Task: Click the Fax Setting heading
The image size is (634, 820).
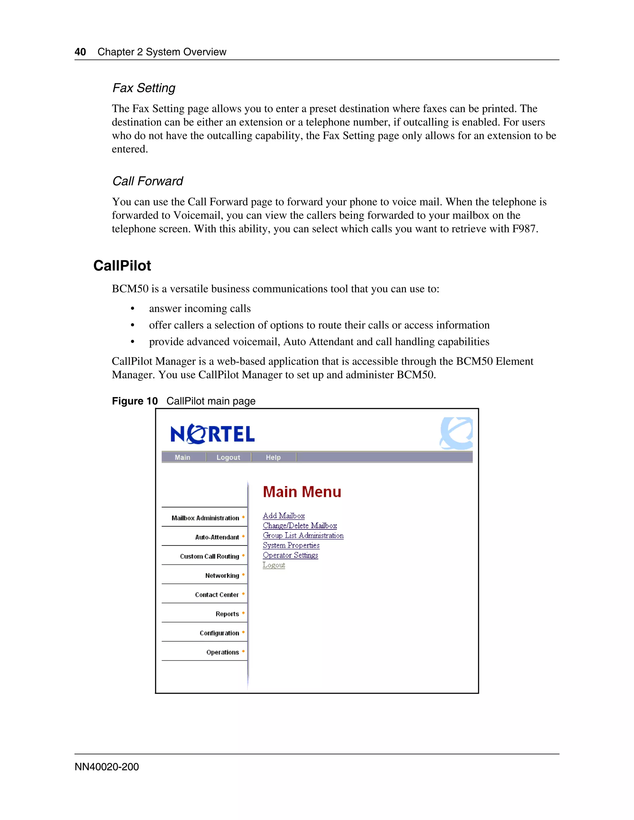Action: pyautogui.click(x=144, y=88)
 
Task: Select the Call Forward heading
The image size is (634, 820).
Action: pyautogui.click(x=148, y=181)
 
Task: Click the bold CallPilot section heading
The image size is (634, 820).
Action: pyautogui.click(x=122, y=265)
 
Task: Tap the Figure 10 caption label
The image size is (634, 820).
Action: pyautogui.click(x=134, y=401)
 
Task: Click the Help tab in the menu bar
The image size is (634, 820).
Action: pyautogui.click(x=273, y=457)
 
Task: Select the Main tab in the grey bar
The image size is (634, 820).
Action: pyautogui.click(x=183, y=457)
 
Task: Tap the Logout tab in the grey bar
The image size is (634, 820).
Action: pyautogui.click(x=228, y=457)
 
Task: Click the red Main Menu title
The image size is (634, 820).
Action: pyautogui.click(x=302, y=492)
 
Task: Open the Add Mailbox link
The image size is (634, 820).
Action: pyautogui.click(x=284, y=516)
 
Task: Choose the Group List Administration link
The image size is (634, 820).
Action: pyautogui.click(x=303, y=535)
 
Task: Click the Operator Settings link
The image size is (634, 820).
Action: pyautogui.click(x=290, y=555)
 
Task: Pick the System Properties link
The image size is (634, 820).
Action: pyautogui.click(x=291, y=545)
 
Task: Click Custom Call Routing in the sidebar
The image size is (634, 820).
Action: pyautogui.click(x=209, y=556)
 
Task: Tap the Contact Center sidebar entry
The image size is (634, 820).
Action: pyautogui.click(x=217, y=595)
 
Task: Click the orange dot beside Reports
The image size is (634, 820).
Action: pyautogui.click(x=243, y=613)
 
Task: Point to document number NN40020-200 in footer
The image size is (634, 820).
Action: pyautogui.click(x=107, y=767)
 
